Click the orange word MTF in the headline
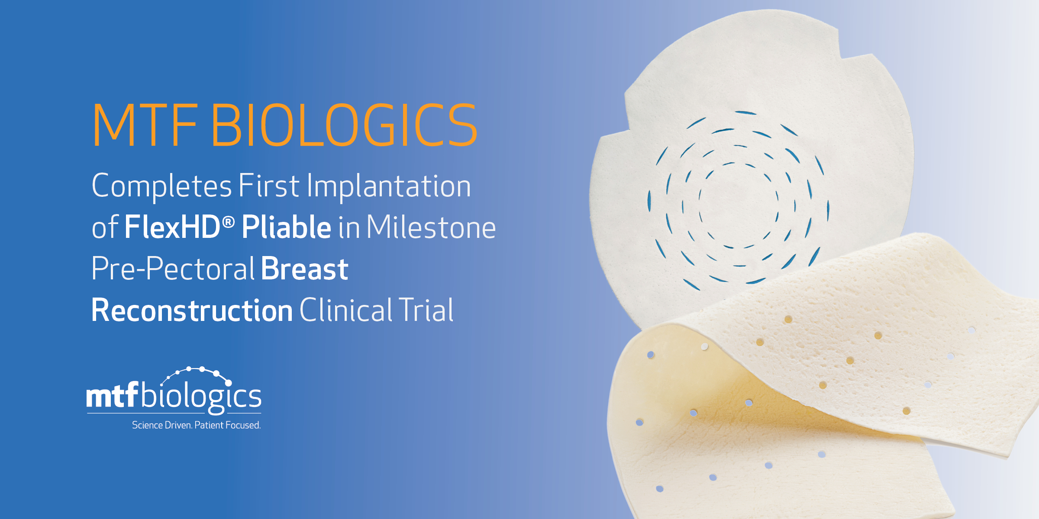(145, 125)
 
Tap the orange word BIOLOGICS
(345, 125)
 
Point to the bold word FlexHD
(173, 227)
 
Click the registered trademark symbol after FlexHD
(228, 222)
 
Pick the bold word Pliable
(287, 227)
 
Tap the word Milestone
(431, 227)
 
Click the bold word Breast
(305, 269)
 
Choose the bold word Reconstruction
(192, 311)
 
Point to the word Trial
(426, 310)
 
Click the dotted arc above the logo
(195, 370)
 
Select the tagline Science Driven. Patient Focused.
(196, 425)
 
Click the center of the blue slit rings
(739, 203)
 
